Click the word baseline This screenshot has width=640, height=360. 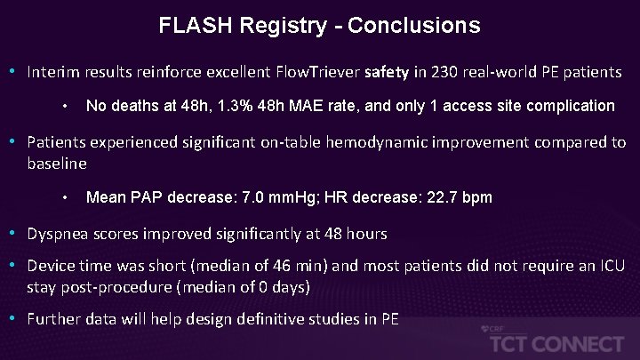[57, 164]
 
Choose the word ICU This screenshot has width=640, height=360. [612, 267]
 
